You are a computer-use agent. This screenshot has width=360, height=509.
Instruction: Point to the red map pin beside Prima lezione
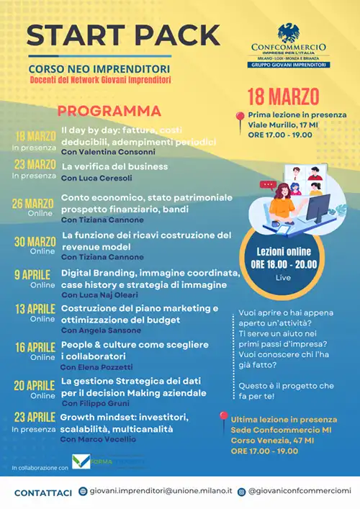click(239, 119)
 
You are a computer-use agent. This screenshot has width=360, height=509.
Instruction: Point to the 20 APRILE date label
click(33, 384)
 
